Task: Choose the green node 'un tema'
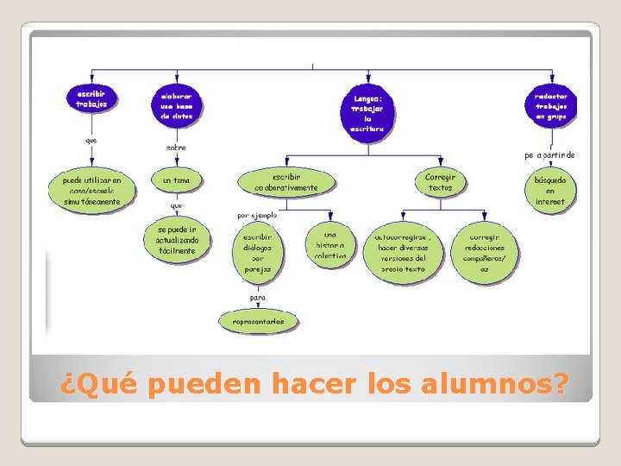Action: (x=176, y=180)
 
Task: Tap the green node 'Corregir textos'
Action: (x=440, y=181)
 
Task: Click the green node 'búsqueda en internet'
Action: (x=550, y=190)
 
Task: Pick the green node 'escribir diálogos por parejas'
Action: (x=257, y=252)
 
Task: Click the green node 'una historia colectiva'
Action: (x=329, y=244)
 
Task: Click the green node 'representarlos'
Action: (x=258, y=322)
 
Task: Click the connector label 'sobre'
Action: (x=176, y=148)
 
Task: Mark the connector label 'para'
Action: (x=257, y=297)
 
